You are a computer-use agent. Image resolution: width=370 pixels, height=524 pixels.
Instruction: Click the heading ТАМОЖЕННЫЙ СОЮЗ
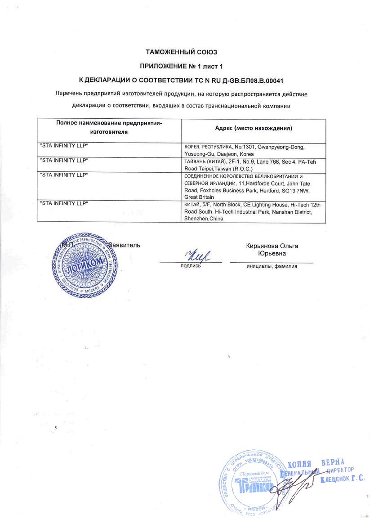(x=184, y=53)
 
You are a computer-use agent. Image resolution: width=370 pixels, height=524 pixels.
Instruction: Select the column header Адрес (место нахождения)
(x=254, y=128)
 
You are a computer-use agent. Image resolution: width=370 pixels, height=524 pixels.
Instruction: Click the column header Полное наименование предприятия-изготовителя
(x=109, y=127)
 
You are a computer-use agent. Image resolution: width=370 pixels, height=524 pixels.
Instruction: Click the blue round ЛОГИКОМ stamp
(x=81, y=265)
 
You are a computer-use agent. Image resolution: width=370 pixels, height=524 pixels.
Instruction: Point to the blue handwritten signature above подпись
(x=197, y=256)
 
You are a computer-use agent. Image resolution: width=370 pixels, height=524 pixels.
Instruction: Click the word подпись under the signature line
(x=190, y=266)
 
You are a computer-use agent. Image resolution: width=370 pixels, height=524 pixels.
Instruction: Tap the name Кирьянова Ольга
(x=272, y=246)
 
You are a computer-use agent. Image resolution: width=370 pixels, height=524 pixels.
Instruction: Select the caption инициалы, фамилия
(x=272, y=266)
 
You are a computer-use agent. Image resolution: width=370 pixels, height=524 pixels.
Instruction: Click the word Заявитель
(x=125, y=245)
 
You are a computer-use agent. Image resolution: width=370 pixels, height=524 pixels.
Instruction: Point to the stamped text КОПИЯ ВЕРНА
(x=316, y=463)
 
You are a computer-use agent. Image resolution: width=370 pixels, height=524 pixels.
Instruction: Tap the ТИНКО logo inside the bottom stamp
(x=252, y=486)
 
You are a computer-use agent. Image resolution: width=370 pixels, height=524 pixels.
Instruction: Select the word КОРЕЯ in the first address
(x=192, y=147)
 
